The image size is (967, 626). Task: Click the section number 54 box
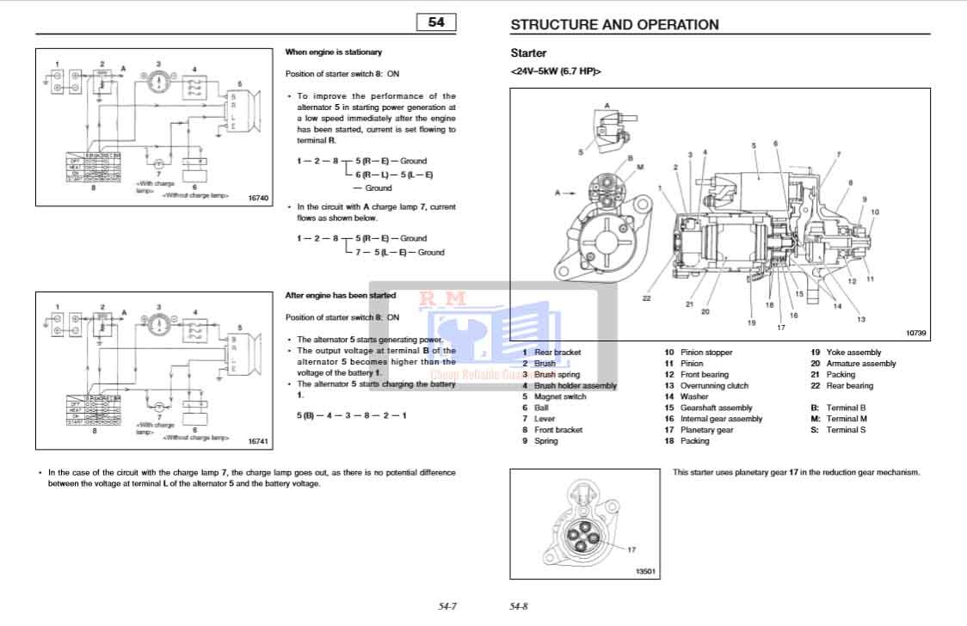point(436,23)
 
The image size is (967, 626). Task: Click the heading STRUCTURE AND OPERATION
point(614,25)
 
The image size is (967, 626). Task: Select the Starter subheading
point(528,53)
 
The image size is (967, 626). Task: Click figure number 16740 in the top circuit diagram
point(258,199)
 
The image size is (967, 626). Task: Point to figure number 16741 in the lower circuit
point(258,441)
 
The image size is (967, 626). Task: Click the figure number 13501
point(645,570)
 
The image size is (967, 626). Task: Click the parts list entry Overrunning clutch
point(714,386)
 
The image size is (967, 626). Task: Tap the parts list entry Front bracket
point(557,430)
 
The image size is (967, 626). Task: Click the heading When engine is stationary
point(334,52)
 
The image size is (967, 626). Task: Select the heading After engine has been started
point(341,295)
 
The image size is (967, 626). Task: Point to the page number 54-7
point(447,606)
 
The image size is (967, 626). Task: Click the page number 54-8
point(519,606)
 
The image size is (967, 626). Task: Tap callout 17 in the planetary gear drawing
point(631,549)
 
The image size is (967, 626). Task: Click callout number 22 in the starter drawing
point(646,298)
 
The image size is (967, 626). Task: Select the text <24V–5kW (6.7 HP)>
point(556,71)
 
